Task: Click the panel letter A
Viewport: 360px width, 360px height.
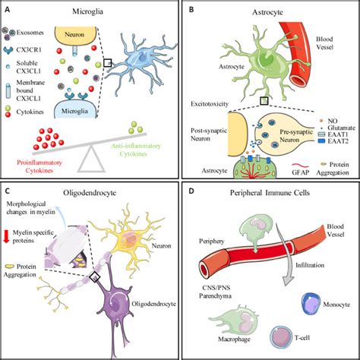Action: tap(8, 8)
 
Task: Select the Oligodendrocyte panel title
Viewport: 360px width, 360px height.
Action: tap(93, 193)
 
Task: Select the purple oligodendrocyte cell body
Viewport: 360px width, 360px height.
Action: tap(122, 318)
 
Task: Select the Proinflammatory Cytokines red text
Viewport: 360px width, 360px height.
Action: tap(36, 161)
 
